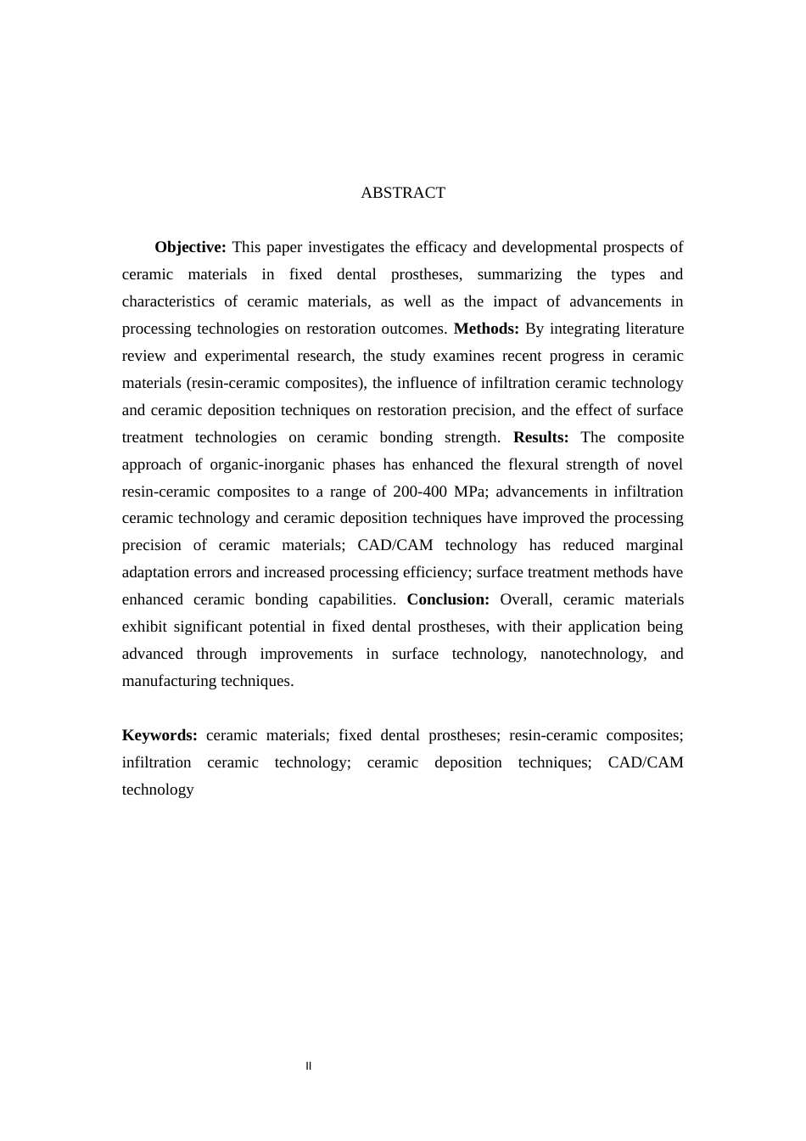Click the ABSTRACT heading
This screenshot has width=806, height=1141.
pyautogui.click(x=402, y=193)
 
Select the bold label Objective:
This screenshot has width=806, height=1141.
pyautogui.click(x=190, y=247)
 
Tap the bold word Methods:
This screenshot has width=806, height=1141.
pyautogui.click(x=486, y=329)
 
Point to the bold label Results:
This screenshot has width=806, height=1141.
pyautogui.click(x=540, y=437)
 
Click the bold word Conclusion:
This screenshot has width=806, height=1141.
pyautogui.click(x=448, y=599)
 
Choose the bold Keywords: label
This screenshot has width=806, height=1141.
pyautogui.click(x=160, y=735)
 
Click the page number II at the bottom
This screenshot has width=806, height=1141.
pyautogui.click(x=309, y=1066)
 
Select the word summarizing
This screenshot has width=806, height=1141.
pyautogui.click(x=519, y=274)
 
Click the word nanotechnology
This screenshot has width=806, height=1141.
pyautogui.click(x=592, y=654)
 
